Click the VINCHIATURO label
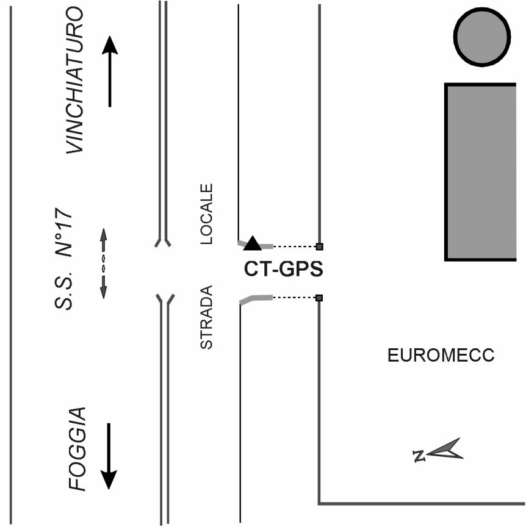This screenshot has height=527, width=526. pyautogui.click(x=74, y=81)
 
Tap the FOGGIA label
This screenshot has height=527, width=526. pyautogui.click(x=77, y=450)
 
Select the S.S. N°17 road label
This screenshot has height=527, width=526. pyautogui.click(x=63, y=259)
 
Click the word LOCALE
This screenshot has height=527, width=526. pyautogui.click(x=206, y=213)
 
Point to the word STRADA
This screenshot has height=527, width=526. pyautogui.click(x=206, y=317)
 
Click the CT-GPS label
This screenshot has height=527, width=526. pyautogui.click(x=283, y=269)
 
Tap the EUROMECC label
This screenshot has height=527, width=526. pyautogui.click(x=441, y=355)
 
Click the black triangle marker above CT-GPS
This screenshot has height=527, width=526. pyautogui.click(x=252, y=243)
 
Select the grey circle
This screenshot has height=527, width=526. pyautogui.click(x=482, y=37)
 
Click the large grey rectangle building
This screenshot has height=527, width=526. pyautogui.click(x=480, y=172)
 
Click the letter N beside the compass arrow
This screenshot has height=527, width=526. pyautogui.click(x=419, y=456)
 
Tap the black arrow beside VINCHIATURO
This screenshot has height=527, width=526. pyautogui.click(x=110, y=71)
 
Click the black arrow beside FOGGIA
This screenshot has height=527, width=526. pyautogui.click(x=109, y=456)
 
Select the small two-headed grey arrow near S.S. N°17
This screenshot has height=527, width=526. pyautogui.click(x=104, y=263)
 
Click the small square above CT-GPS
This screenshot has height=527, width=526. pyautogui.click(x=320, y=246)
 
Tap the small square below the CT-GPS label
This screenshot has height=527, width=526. pyautogui.click(x=319, y=298)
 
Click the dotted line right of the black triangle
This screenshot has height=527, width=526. pyautogui.click(x=294, y=246)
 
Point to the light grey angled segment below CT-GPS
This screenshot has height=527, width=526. pyautogui.click(x=256, y=299)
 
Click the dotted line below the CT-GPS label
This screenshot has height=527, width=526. pyautogui.click(x=294, y=298)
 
